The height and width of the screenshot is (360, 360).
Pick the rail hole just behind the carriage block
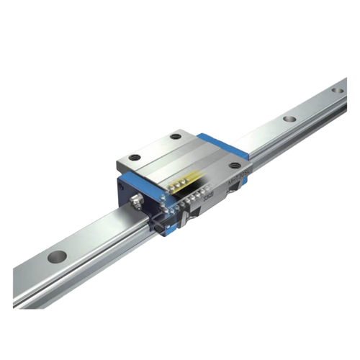tap(289, 120)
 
